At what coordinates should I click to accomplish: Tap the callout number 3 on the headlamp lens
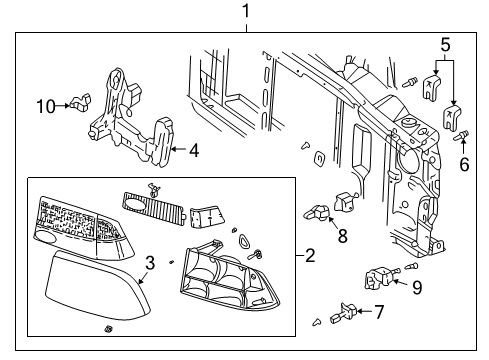pyautogui.click(x=149, y=263)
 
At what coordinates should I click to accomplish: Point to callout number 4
pyautogui.click(x=194, y=152)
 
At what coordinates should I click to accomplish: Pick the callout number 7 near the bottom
pyautogui.click(x=379, y=312)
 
